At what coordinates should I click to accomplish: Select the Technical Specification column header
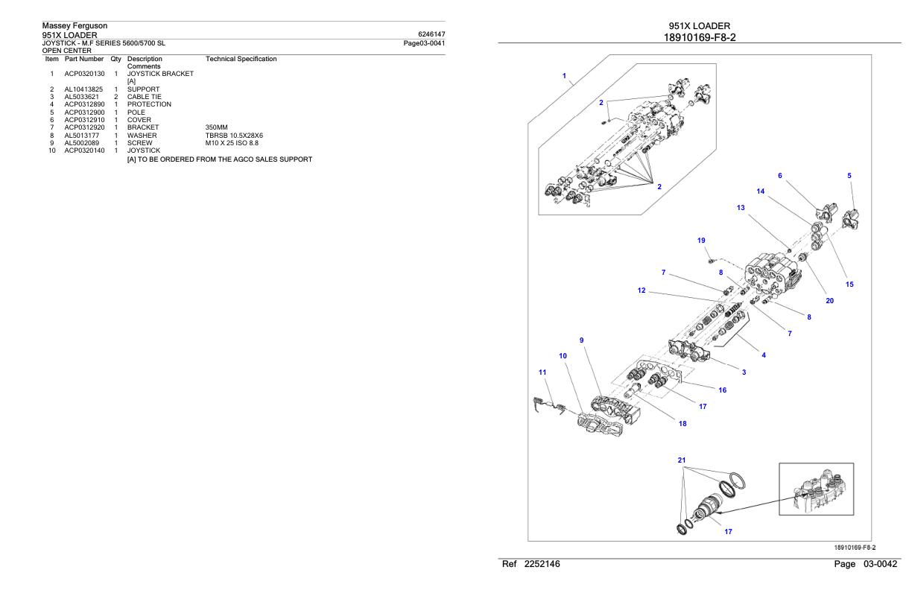click(x=241, y=58)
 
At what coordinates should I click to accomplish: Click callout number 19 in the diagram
click(x=701, y=241)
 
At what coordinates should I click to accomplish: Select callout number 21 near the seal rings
click(x=681, y=460)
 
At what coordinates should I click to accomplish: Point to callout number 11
click(x=542, y=372)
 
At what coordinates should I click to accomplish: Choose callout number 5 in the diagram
click(x=850, y=176)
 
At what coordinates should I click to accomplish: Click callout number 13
click(x=741, y=208)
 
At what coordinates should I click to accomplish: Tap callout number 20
click(x=829, y=301)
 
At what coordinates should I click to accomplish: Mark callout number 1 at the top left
click(x=564, y=76)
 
